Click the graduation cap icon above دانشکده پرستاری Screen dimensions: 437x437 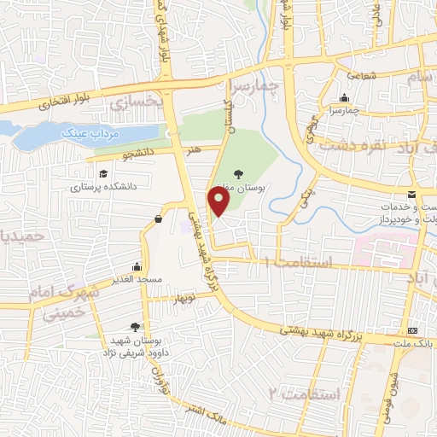pos(103,173)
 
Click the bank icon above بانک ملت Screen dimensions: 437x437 pos(414,330)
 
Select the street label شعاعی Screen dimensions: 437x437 pos(361,76)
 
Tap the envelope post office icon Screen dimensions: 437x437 pos(412,196)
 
